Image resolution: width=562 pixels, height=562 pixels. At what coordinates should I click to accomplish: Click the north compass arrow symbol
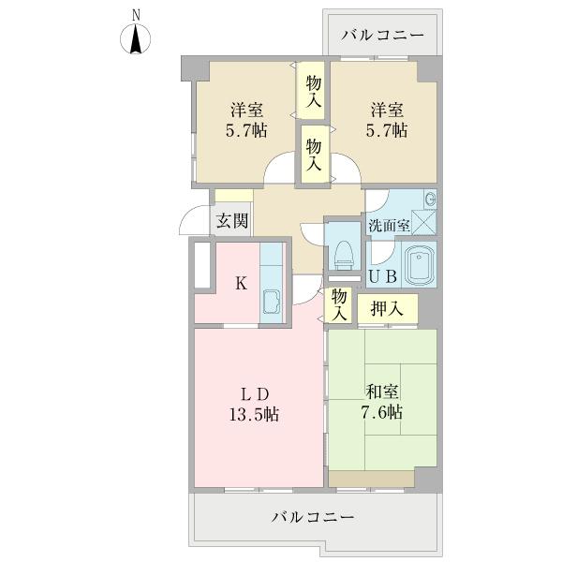(x=136, y=39)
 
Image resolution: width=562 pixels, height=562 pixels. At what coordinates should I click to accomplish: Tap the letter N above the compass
(x=136, y=15)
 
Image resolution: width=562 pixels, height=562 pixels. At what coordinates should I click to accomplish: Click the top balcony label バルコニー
(x=382, y=36)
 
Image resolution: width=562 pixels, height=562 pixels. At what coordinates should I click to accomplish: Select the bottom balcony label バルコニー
(x=313, y=516)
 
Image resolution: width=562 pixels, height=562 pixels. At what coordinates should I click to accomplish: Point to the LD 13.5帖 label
(x=255, y=405)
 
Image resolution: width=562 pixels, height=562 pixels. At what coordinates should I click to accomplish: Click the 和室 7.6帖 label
(x=381, y=402)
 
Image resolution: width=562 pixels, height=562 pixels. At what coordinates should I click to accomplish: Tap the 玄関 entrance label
(x=232, y=220)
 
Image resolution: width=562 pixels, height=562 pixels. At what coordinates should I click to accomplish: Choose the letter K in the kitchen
(x=242, y=284)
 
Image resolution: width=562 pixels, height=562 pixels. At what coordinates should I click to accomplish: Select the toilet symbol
(x=344, y=255)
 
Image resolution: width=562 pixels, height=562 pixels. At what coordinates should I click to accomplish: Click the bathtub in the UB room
(x=419, y=264)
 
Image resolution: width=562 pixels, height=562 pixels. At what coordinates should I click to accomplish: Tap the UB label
(x=383, y=276)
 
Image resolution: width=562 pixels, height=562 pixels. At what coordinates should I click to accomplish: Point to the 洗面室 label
(x=389, y=226)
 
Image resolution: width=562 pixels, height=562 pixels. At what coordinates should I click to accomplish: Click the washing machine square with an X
(x=423, y=222)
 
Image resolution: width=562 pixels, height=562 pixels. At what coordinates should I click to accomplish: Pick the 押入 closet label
(x=387, y=308)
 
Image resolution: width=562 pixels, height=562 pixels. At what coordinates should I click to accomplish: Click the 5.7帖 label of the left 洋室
(x=246, y=130)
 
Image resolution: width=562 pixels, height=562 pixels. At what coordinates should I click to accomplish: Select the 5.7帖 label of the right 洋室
(x=386, y=130)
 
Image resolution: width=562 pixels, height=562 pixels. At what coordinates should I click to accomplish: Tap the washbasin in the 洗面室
(x=430, y=199)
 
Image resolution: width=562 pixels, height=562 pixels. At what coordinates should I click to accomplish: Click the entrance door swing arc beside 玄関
(x=190, y=217)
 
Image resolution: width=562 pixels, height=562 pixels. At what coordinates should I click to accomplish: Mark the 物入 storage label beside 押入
(x=339, y=304)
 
